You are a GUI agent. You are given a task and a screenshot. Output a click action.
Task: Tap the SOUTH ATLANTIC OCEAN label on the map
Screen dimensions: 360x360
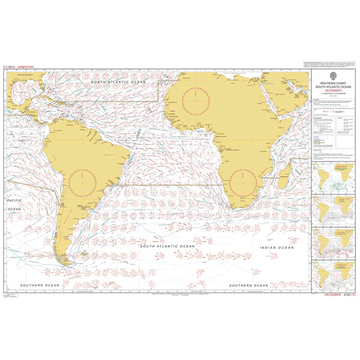(x=167, y=246)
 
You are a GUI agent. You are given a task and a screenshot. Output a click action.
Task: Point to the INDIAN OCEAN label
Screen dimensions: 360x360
(x=276, y=247)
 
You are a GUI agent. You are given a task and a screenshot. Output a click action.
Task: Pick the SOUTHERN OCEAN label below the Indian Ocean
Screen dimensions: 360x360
(x=246, y=284)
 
